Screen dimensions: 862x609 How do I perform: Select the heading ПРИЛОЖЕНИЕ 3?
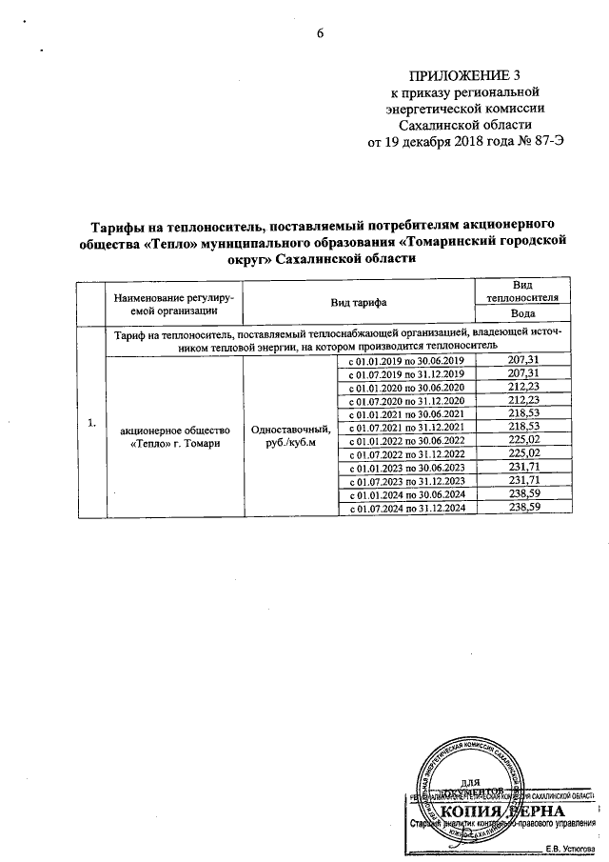pos(465,76)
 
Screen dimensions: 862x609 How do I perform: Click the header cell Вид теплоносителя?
pos(521,292)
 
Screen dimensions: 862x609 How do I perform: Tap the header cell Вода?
pos(521,313)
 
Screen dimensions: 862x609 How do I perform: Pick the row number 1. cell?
pos(92,423)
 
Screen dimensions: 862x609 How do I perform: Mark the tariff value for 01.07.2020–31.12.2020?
pos(521,402)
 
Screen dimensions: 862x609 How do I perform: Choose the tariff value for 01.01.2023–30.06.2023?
pos(521,470)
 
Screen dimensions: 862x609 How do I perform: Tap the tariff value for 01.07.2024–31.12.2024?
pos(521,510)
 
